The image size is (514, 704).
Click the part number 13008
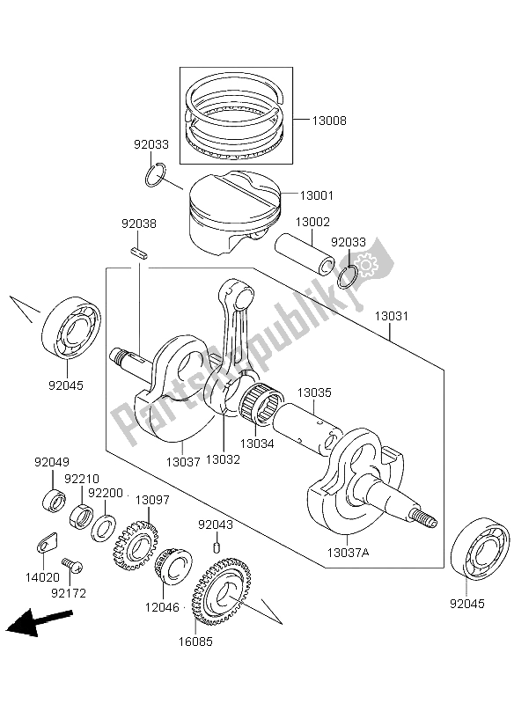[329, 121]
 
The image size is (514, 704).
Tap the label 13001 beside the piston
[317, 195]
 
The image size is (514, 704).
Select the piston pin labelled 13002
[305, 253]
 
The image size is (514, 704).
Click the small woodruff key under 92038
[139, 253]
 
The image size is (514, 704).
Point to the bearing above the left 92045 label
[71, 326]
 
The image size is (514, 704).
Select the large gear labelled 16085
[223, 591]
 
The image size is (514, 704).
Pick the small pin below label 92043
[216, 547]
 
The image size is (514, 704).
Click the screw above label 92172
[72, 565]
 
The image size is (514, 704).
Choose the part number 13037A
[348, 553]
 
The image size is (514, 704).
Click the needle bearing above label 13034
[260, 404]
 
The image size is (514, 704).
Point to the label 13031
[392, 316]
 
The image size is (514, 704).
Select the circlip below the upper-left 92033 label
[155, 174]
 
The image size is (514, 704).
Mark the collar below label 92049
[54, 501]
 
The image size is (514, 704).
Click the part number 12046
[162, 607]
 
